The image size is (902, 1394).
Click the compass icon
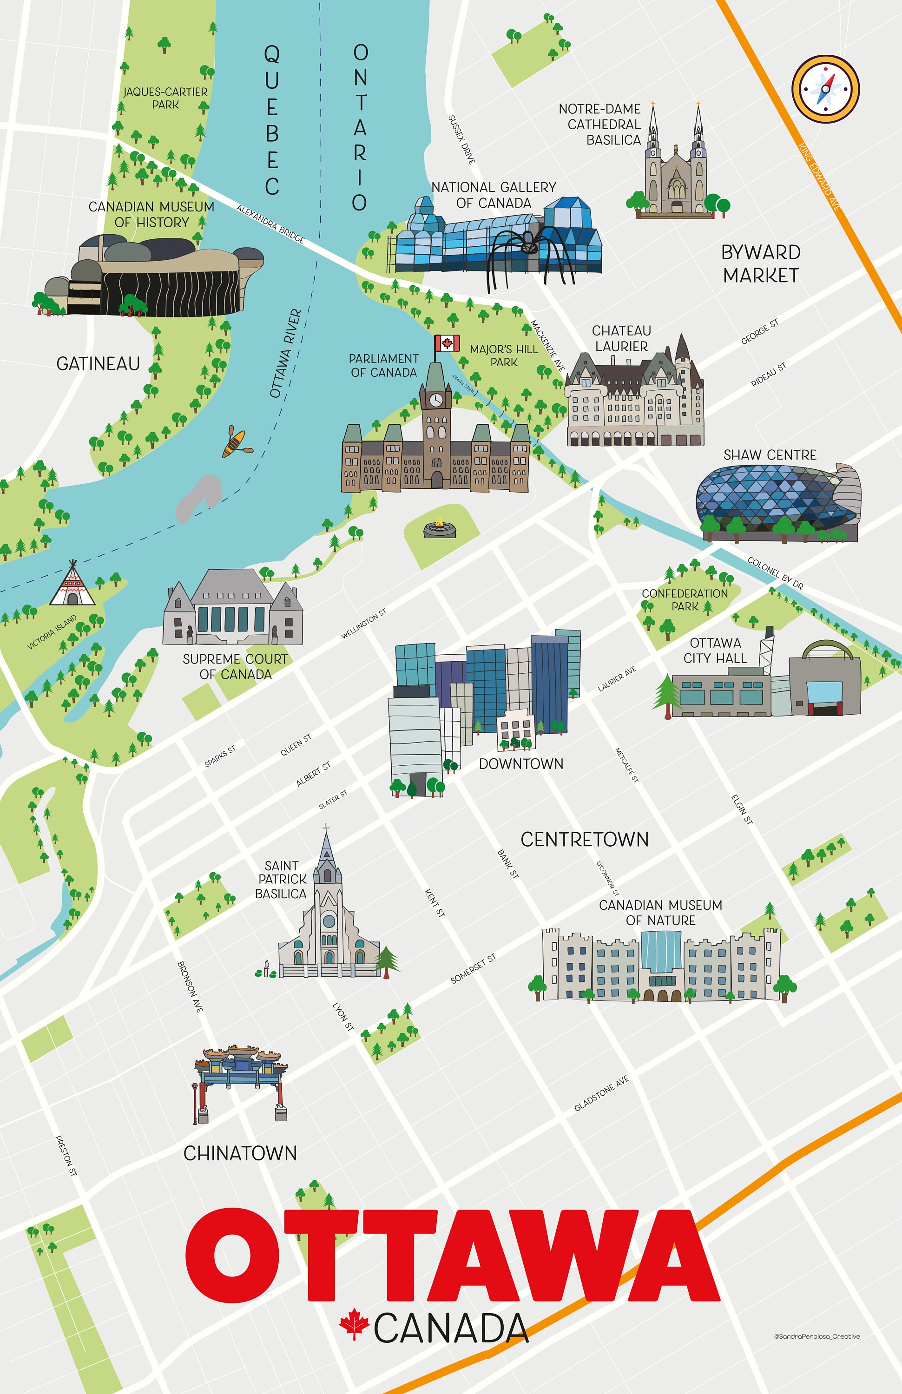825,89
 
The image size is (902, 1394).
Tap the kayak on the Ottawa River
236,443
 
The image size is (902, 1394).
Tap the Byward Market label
760,263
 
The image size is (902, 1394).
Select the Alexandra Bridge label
270,223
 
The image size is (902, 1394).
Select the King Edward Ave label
819,176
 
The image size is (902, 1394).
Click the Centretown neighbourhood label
584,839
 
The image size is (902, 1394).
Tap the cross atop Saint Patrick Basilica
326,828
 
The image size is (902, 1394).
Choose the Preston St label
66,1156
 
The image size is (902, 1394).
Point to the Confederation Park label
685,600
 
